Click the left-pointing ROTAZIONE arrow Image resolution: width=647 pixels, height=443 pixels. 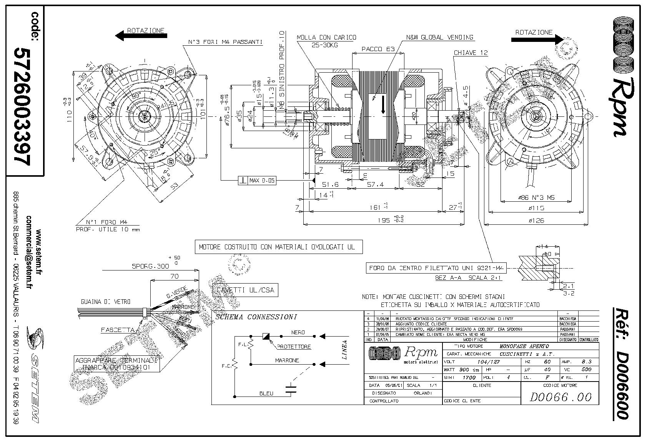141,36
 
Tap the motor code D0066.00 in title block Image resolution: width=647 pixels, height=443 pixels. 560,397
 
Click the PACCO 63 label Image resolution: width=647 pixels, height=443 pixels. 378,49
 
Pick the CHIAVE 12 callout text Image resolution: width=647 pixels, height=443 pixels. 471,53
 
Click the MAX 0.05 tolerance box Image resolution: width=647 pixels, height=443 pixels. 257,180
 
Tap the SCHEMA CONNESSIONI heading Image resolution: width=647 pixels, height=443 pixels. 256,317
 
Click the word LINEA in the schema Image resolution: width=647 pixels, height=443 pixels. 344,349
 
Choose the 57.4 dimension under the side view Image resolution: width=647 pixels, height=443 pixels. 375,185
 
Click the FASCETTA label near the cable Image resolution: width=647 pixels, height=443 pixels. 118,330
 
